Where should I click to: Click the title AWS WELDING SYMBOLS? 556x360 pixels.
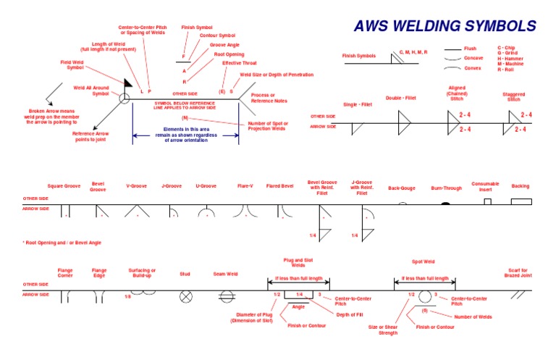coord(445,27)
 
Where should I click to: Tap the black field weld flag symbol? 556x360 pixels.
coord(128,84)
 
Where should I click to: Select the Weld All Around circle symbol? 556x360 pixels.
coord(125,97)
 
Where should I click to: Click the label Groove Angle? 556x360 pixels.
coord(223,45)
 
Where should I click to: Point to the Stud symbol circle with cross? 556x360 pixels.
coord(186,296)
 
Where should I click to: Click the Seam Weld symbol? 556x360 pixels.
coord(225,296)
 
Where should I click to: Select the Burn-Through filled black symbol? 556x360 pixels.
coord(445,204)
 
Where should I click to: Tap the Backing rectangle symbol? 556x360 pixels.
coord(521,201)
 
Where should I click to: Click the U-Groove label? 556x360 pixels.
coord(206,186)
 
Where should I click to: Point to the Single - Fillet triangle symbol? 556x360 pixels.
coord(357,128)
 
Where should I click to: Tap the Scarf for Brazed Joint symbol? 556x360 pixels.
coord(518,295)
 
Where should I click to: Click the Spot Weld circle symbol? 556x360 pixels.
coord(424,296)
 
